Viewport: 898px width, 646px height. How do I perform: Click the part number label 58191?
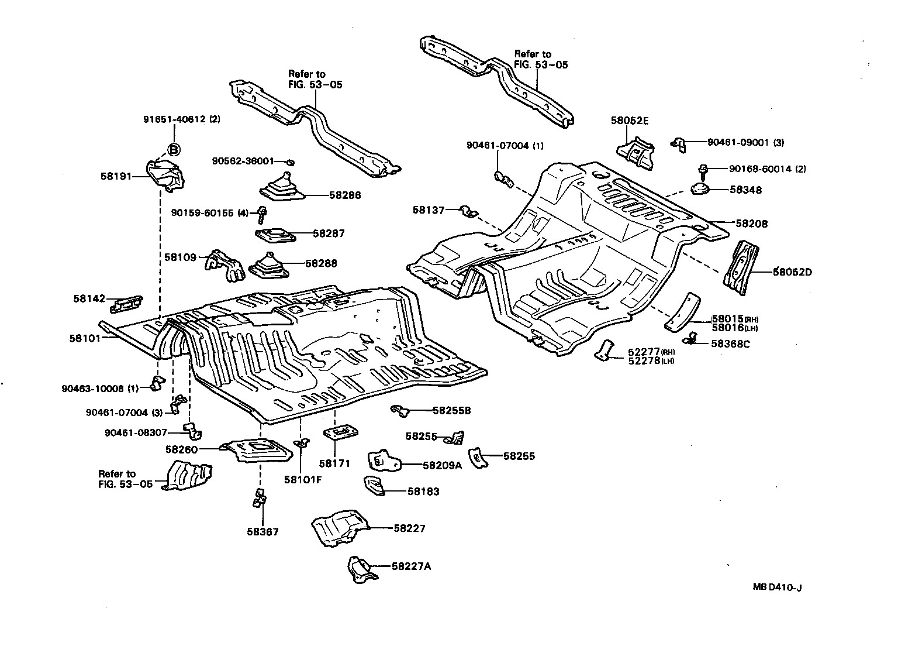117,176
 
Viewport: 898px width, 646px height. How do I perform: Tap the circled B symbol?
174,150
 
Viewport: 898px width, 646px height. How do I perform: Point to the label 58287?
329,233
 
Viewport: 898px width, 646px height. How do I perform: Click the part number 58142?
89,298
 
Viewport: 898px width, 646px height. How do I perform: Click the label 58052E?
630,121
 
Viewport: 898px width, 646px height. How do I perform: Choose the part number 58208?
751,224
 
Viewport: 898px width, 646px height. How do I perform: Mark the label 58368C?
730,344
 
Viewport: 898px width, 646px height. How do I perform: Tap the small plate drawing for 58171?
340,434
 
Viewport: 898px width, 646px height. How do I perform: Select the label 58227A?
412,566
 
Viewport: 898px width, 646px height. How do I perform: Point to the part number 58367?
263,532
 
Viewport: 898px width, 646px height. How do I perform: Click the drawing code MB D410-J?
776,587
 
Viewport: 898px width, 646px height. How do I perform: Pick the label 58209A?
442,465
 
